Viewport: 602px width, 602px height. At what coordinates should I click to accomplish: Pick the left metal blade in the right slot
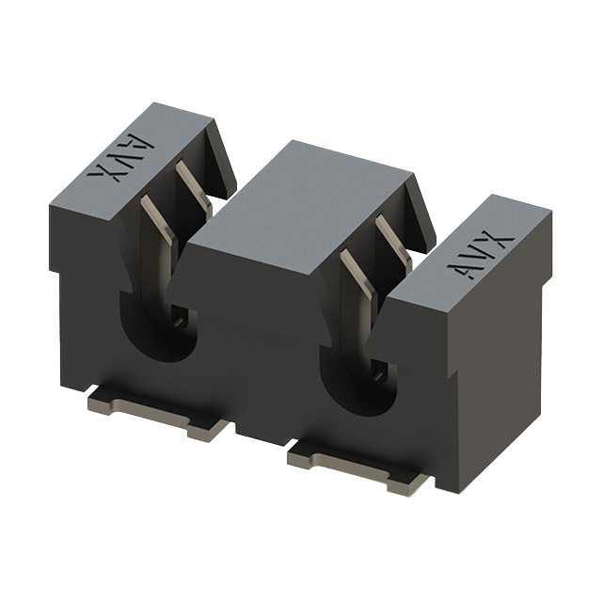[x=356, y=277]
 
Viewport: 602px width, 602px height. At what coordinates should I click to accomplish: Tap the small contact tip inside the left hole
[x=179, y=321]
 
